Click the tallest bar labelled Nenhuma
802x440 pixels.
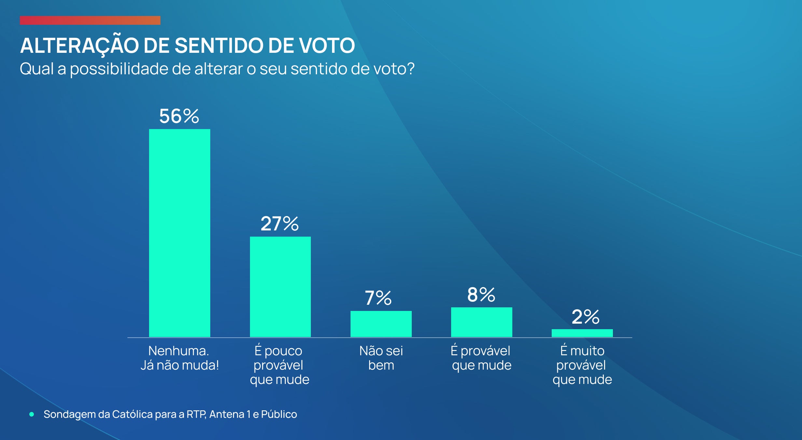pos(179,233)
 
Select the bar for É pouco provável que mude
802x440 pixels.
pos(280,287)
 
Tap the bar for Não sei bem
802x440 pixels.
pos(381,324)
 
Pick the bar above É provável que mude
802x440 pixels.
pos(481,322)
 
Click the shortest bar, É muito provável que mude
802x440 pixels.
pos(582,333)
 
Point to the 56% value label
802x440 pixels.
pos(179,116)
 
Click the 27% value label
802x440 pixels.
pos(280,224)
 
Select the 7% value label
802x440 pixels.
pos(378,298)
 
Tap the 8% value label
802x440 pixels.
pos(481,295)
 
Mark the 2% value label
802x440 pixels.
pos(585,317)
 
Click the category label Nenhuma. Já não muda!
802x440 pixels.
pos(179,358)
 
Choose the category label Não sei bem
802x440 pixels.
pos(381,358)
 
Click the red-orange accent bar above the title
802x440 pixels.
pos(90,21)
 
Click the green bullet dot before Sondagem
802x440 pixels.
pos(32,414)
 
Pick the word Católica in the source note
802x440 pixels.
pos(132,414)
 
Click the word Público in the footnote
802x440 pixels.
pos(279,414)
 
